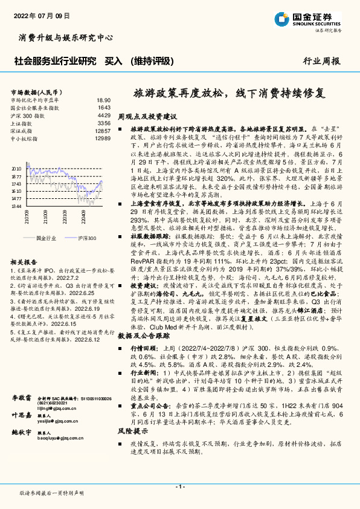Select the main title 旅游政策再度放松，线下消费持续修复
click(x=228, y=94)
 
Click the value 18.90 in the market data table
click(x=104, y=100)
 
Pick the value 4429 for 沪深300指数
click(x=104, y=115)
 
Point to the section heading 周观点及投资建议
click(x=147, y=115)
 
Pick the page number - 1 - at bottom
click(x=179, y=486)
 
